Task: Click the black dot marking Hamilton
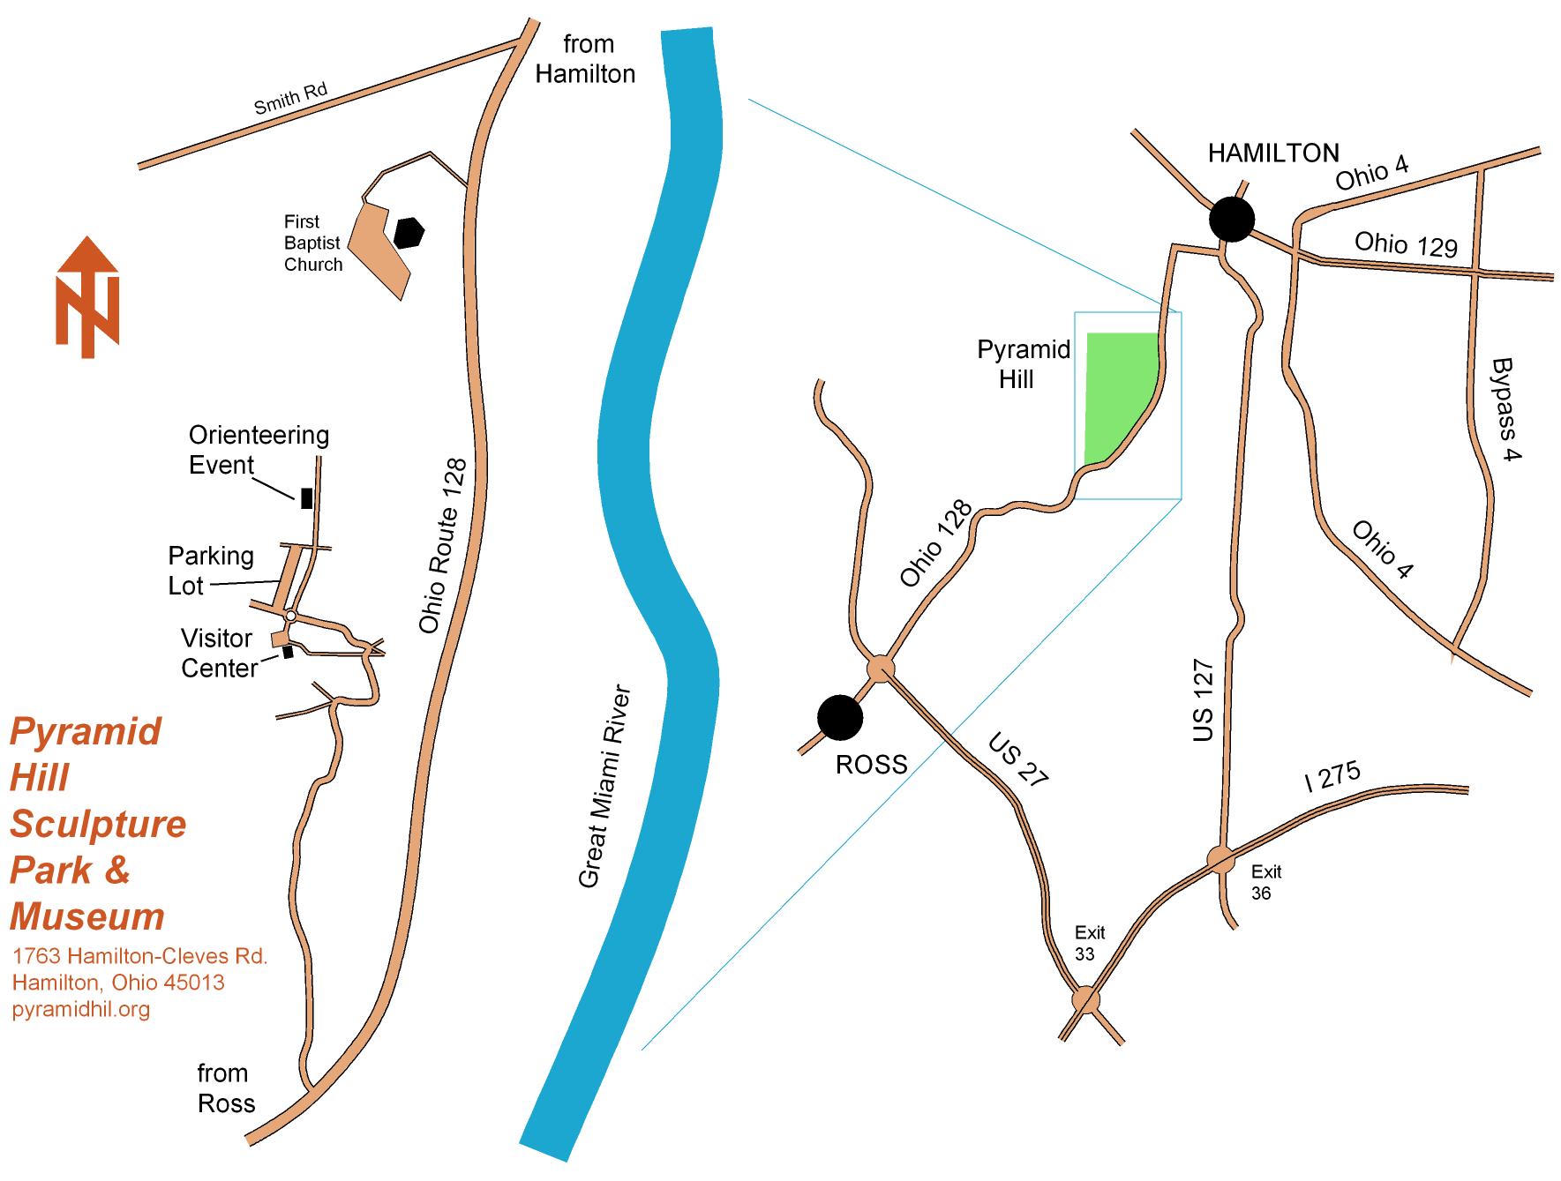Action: (1231, 219)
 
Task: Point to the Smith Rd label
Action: (290, 99)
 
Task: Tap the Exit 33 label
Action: (1089, 943)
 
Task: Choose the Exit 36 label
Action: (1265, 882)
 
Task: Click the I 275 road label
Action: (1332, 776)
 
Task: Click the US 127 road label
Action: (1204, 700)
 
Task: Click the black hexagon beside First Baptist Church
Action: (409, 233)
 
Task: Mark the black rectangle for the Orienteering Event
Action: (306, 497)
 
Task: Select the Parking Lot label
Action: (211, 571)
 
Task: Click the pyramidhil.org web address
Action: (81, 1009)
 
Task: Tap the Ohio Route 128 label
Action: (441, 545)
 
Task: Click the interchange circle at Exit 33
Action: (1086, 1000)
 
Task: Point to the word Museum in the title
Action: (87, 916)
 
